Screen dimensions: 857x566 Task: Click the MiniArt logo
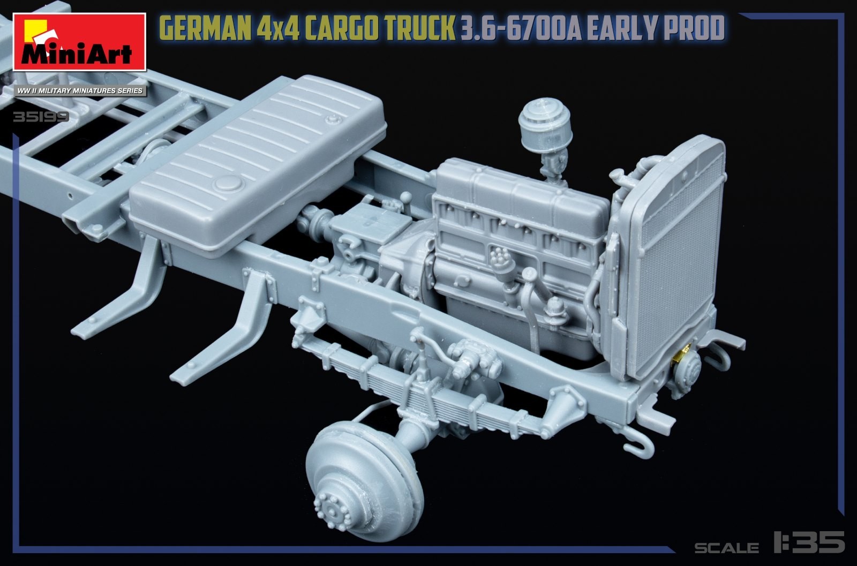(x=79, y=42)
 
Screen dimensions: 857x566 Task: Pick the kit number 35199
(x=41, y=117)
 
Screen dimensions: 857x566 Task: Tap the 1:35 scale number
(x=809, y=542)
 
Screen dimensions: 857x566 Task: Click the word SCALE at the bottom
(x=726, y=547)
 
